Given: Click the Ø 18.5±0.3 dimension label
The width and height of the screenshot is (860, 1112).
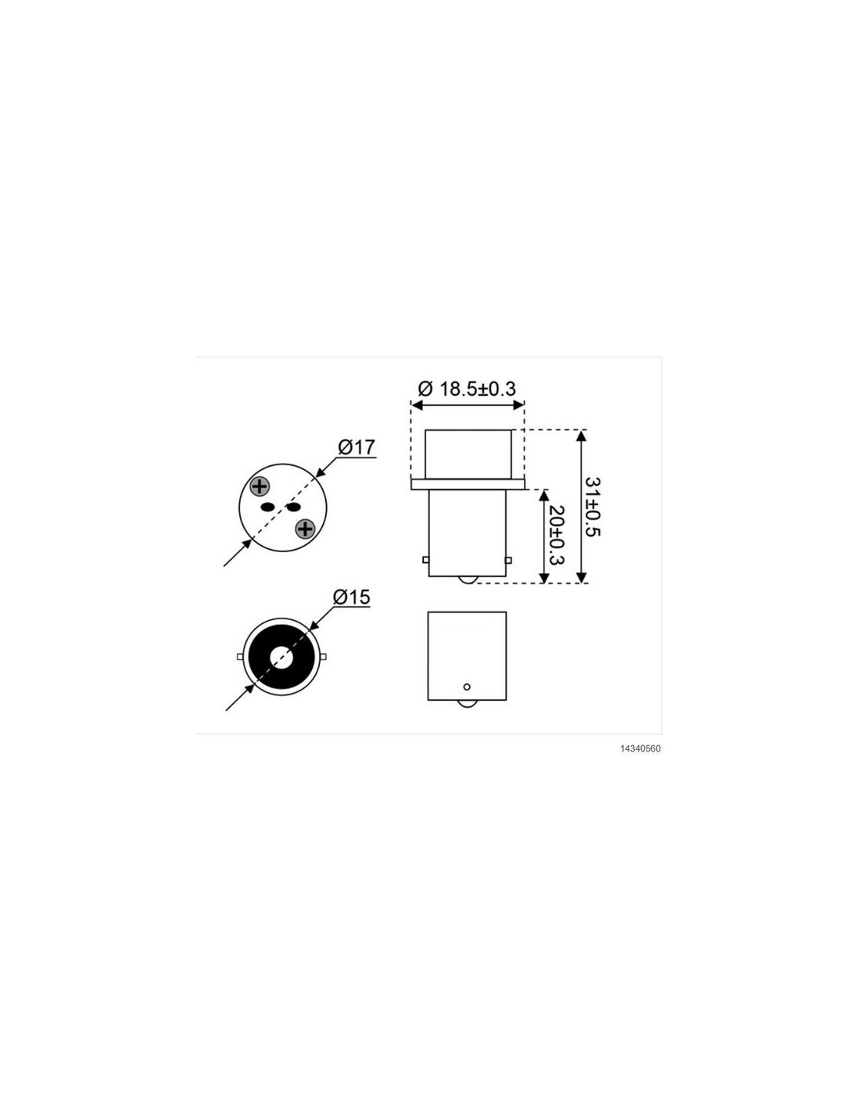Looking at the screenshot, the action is pyautogui.click(x=467, y=389).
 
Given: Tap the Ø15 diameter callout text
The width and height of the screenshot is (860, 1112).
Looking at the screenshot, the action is pyautogui.click(x=352, y=597).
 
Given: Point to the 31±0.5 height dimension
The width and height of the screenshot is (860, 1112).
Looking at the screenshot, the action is pyautogui.click(x=593, y=507).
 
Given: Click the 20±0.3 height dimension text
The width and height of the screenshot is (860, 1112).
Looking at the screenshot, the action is pyautogui.click(x=556, y=535).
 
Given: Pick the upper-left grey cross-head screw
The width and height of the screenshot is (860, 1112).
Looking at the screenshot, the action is pyautogui.click(x=260, y=486).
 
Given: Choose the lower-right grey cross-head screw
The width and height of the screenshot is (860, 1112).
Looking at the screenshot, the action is pyautogui.click(x=305, y=529).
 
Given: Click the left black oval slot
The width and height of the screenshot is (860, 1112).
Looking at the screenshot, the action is pyautogui.click(x=267, y=508).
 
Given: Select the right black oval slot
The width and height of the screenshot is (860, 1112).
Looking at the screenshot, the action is pyautogui.click(x=292, y=508).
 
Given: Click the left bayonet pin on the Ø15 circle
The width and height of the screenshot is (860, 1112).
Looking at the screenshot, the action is pyautogui.click(x=239, y=657).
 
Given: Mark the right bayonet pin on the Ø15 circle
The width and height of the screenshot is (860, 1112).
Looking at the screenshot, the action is pyautogui.click(x=323, y=657).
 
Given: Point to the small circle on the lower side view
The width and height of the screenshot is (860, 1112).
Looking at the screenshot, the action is pyautogui.click(x=466, y=687).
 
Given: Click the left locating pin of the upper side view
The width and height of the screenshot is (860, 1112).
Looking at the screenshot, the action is pyautogui.click(x=425, y=560).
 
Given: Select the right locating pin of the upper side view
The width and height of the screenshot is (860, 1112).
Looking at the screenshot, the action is pyautogui.click(x=508, y=560).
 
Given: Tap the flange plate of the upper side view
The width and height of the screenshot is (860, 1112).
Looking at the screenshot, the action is pyautogui.click(x=468, y=484).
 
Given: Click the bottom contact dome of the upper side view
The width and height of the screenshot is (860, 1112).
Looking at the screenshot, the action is pyautogui.click(x=467, y=579).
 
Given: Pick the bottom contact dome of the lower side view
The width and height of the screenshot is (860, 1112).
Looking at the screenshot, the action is pyautogui.click(x=467, y=704).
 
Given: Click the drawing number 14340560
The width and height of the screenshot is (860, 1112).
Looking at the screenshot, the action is pyautogui.click(x=640, y=748).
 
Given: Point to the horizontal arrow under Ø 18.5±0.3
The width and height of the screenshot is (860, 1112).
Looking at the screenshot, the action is pyautogui.click(x=468, y=405).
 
